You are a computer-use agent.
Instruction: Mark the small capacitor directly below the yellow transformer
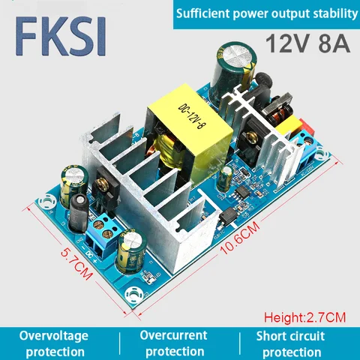(x=225, y=178)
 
